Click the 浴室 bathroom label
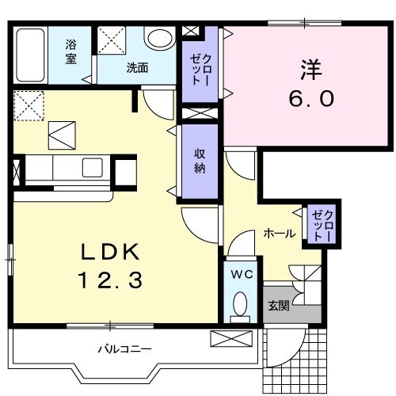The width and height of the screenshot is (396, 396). coord(71,52)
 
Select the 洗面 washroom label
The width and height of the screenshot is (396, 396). coord(136,68)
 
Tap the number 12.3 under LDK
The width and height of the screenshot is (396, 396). coord(112,279)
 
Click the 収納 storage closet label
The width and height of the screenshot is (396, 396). coord(200,161)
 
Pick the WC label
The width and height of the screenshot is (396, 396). coord(241,274)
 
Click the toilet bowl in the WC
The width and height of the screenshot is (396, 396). coord(240,305)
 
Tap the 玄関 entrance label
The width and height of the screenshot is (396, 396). coord(278,305)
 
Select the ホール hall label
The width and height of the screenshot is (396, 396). coord(280,234)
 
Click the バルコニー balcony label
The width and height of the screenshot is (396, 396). coord(125,348)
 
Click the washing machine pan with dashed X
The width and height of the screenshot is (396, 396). coord(113,40)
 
